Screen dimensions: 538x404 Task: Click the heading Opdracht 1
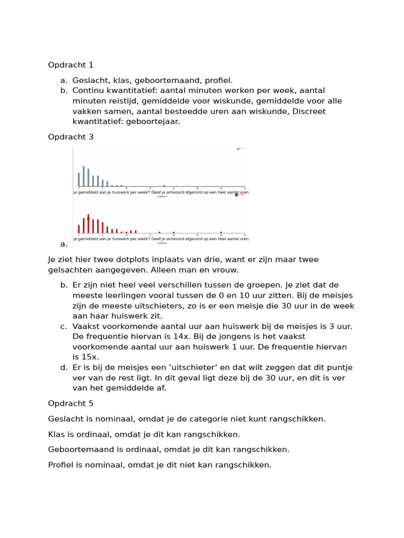70,65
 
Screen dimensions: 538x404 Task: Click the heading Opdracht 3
70,137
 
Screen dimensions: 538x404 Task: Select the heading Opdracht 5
70,403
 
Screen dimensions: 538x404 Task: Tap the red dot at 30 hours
221,232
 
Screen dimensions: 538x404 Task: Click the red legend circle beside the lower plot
236,195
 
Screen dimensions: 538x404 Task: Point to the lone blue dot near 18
164,185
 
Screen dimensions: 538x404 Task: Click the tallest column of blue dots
84,176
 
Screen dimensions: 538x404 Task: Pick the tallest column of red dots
88,223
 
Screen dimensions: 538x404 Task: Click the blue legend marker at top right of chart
238,149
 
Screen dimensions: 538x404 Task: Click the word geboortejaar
156,121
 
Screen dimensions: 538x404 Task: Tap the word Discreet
309,111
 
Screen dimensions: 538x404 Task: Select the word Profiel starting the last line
61,465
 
